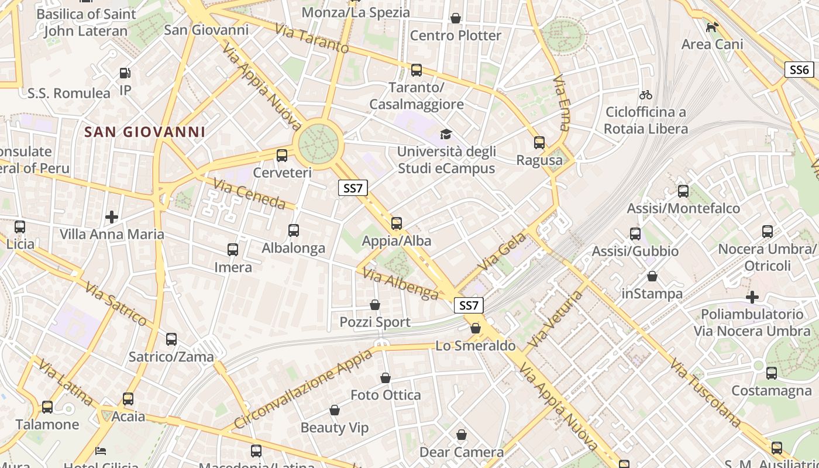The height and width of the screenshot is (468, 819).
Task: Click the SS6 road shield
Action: (799, 70)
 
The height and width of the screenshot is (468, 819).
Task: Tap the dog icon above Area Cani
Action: (712, 27)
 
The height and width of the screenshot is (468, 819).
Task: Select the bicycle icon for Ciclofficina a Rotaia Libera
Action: (646, 95)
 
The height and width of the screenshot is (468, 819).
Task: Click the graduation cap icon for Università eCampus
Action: (446, 135)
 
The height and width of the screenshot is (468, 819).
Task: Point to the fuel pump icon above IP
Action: (125, 73)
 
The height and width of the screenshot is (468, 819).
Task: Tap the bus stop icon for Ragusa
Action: (539, 142)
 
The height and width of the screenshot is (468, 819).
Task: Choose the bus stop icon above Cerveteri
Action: (282, 155)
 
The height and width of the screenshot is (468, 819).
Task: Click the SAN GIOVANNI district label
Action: (145, 132)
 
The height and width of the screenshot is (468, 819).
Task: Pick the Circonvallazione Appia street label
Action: (302, 389)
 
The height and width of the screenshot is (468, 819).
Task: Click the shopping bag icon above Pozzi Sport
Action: (375, 305)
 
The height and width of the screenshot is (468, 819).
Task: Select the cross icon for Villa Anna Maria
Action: (112, 218)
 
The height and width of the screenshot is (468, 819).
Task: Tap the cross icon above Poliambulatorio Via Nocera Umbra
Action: (752, 297)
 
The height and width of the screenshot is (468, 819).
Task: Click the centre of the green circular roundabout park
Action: (318, 142)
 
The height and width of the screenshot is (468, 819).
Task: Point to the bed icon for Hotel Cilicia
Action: (101, 451)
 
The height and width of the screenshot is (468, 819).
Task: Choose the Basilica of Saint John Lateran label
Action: (86, 22)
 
